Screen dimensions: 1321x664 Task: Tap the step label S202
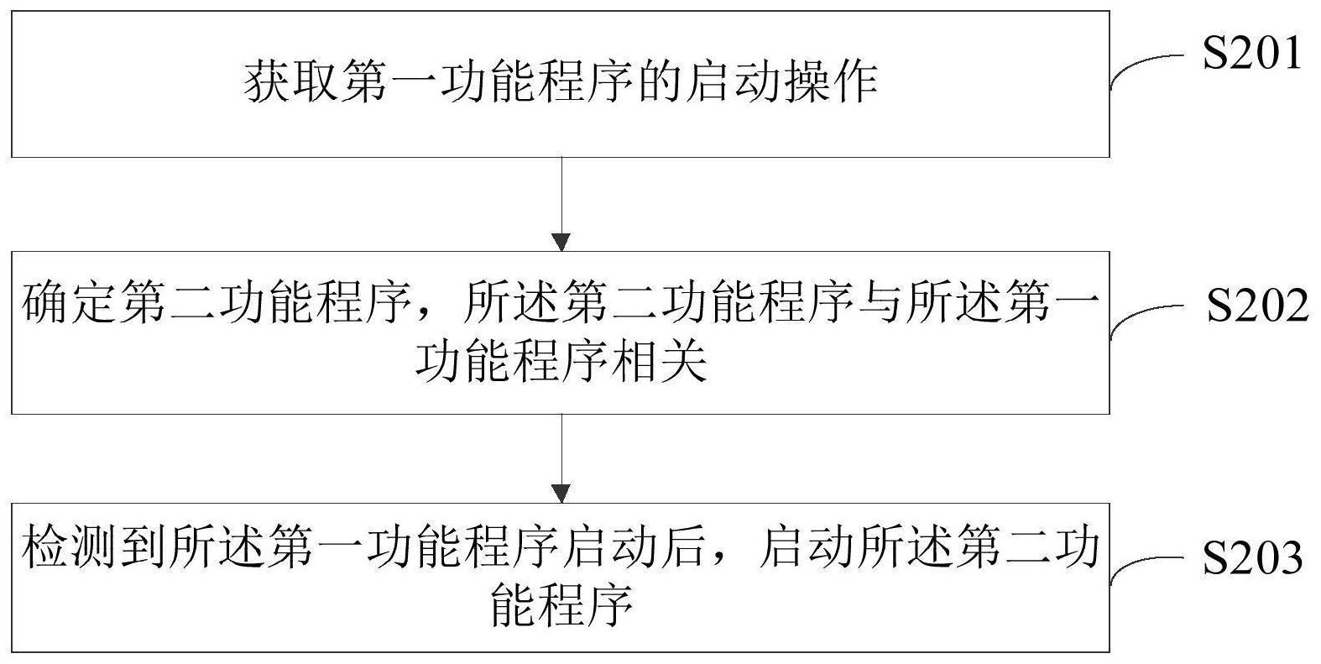coord(1256,306)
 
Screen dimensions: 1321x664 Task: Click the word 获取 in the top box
coord(290,81)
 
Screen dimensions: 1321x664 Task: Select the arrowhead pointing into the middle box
coord(561,243)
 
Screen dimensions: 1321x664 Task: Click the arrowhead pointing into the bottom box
coord(561,494)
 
